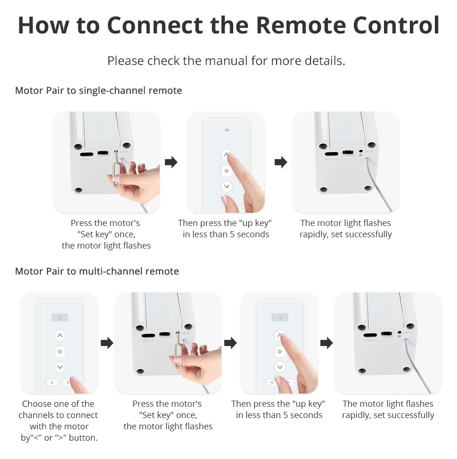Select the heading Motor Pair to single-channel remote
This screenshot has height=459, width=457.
(x=98, y=90)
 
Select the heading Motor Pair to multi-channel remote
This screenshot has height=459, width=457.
(x=97, y=271)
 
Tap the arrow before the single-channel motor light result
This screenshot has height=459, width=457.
(x=281, y=162)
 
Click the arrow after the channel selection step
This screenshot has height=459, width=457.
(x=107, y=343)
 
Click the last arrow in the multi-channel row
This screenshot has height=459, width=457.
(x=326, y=343)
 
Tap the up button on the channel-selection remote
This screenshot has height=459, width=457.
(x=59, y=336)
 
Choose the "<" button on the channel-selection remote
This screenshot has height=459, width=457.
(x=51, y=382)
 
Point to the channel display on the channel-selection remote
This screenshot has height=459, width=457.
(x=59, y=317)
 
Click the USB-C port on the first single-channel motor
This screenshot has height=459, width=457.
(x=86, y=153)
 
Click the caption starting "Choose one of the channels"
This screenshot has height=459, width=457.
(x=58, y=421)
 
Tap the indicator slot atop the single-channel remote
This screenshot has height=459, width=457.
(x=227, y=130)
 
